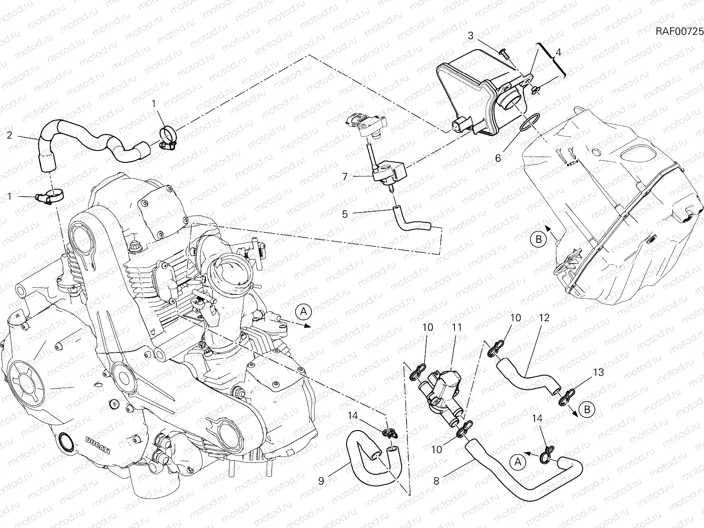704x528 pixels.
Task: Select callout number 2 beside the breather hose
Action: [x=9, y=135]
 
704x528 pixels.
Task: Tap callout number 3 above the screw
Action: [x=471, y=36]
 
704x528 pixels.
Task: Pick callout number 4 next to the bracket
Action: [x=558, y=52]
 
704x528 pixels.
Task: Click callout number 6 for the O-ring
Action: [x=498, y=157]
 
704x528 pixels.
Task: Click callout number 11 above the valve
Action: [x=457, y=328]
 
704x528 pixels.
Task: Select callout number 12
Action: [x=544, y=318]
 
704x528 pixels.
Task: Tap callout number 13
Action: [x=598, y=373]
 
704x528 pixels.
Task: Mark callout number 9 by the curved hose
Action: [x=321, y=481]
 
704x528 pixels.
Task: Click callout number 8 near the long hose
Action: [x=436, y=481]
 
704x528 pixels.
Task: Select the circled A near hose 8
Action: [x=518, y=462]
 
